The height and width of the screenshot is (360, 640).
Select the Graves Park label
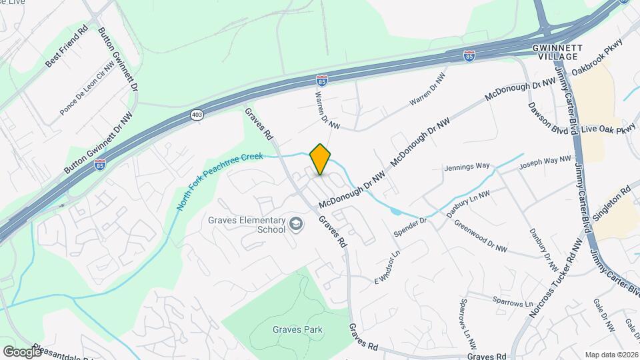coord(297,329)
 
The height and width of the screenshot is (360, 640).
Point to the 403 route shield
coord(196,115)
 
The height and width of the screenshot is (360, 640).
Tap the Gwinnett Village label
coord(558,52)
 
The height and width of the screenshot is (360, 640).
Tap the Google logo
coord(22,351)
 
